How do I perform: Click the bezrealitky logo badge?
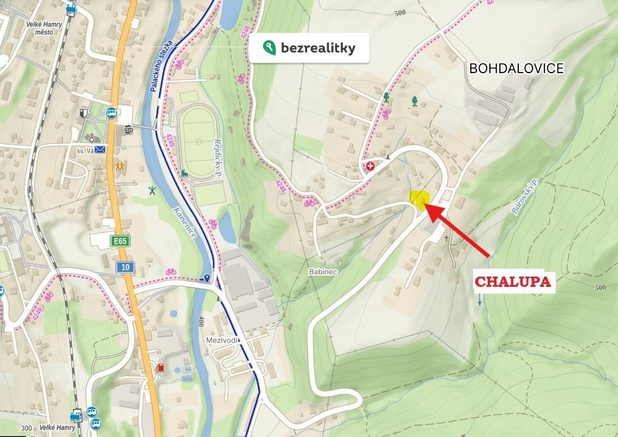309,48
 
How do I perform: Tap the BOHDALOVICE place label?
517,69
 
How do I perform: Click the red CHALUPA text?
513,282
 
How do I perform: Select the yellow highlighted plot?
419,199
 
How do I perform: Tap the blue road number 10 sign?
125,266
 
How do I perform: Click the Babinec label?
323,272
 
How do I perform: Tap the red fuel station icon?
161,368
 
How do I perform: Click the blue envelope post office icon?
100,150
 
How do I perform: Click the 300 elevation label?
25,428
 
